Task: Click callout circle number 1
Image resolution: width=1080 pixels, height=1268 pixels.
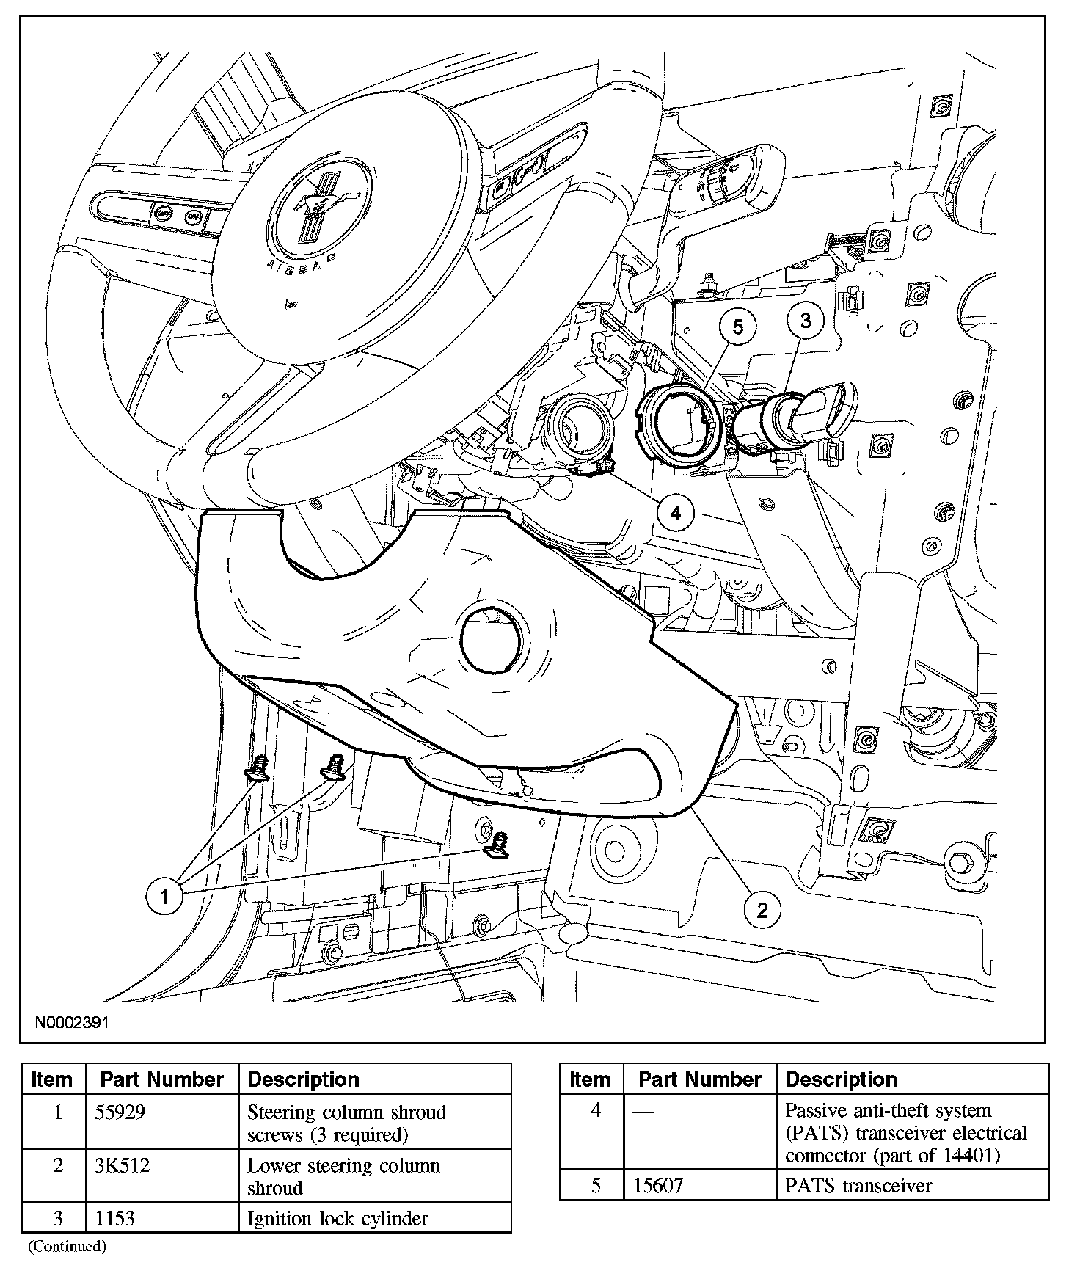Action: tap(164, 896)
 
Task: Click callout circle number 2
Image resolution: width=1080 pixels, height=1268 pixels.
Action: tap(762, 911)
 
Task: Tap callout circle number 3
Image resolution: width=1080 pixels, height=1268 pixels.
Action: tap(806, 321)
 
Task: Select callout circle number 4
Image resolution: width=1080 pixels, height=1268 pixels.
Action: tap(675, 513)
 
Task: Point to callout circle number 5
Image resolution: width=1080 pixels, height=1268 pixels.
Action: tap(738, 327)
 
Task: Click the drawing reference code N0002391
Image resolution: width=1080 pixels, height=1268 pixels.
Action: tap(70, 1022)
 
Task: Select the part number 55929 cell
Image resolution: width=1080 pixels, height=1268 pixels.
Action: tap(121, 1112)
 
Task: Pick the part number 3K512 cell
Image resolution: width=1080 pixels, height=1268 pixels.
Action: tap(123, 1165)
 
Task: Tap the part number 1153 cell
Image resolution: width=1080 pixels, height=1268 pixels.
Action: tap(116, 1218)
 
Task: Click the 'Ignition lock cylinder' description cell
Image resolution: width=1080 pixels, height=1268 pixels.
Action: tap(337, 1218)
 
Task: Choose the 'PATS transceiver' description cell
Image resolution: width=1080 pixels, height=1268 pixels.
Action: tap(858, 1186)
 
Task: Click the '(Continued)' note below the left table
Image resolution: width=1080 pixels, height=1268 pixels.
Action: tap(67, 1246)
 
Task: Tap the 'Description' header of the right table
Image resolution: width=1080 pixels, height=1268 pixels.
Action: tap(841, 1079)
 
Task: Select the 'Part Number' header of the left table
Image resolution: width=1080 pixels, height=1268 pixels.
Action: tap(161, 1079)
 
